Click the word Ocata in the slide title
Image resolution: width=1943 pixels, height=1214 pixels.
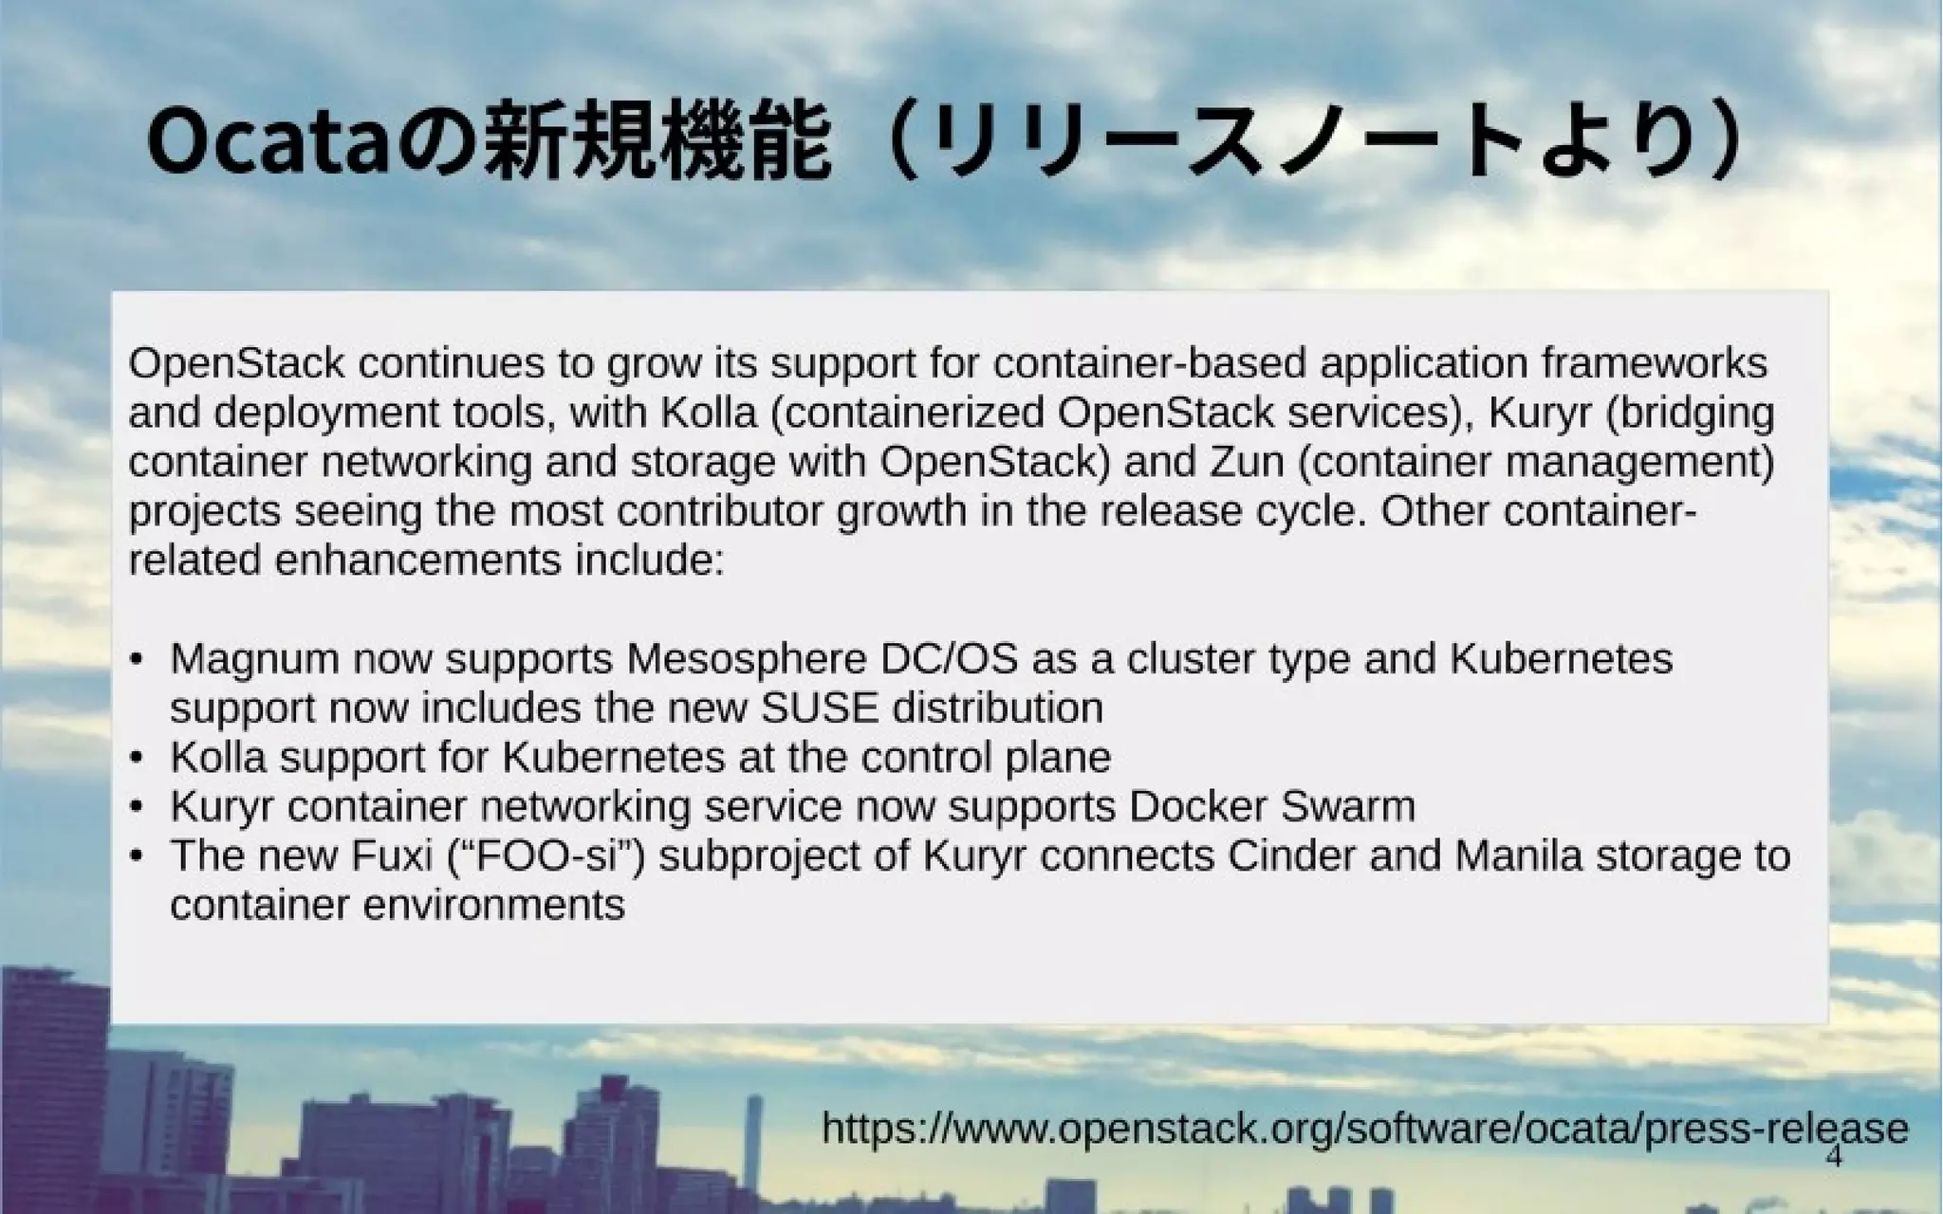(268, 144)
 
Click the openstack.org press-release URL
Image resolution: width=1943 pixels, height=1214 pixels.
(1364, 1129)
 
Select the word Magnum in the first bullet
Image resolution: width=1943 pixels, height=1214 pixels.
(254, 659)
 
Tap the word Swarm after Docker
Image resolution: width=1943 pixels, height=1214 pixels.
(1347, 807)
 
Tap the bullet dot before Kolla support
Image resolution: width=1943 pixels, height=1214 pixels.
(138, 758)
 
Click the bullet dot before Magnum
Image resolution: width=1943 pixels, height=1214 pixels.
(138, 659)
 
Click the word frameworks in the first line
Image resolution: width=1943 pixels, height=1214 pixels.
(1655, 364)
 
